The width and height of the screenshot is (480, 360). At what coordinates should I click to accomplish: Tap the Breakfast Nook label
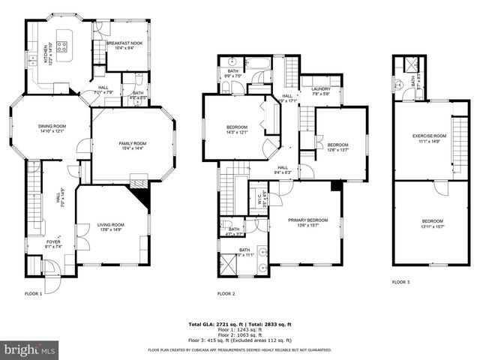pos(124,46)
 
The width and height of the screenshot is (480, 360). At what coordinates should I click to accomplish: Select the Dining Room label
pos(52,128)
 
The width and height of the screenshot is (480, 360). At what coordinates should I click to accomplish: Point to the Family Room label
pos(132,145)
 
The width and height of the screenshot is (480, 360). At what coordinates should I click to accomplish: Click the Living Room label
pos(110,227)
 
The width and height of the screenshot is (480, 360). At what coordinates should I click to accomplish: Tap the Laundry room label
pos(321,91)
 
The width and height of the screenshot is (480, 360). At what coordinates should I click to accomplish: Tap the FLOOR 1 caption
pos(34,293)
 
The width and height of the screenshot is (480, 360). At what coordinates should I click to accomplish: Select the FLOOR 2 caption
pos(226,293)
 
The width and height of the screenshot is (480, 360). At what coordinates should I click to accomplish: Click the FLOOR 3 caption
pos(400,282)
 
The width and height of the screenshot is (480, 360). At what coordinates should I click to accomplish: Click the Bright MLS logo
pos(30,349)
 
